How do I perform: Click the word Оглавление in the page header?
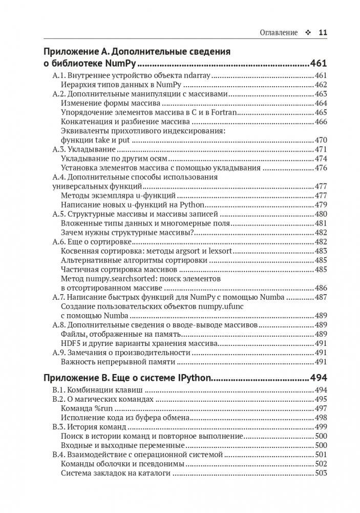pos(279,32)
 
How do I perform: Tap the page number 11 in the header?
pos(323,32)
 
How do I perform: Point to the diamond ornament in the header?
pos(308,32)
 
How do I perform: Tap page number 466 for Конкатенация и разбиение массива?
pos(321,121)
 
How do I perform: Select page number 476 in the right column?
pos(321,168)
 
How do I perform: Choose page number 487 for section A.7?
pos(321,297)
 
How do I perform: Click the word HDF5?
pos(70,343)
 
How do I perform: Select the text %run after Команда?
pos(103,408)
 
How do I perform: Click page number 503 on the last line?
pos(321,473)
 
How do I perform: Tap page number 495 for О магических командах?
pos(321,399)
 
